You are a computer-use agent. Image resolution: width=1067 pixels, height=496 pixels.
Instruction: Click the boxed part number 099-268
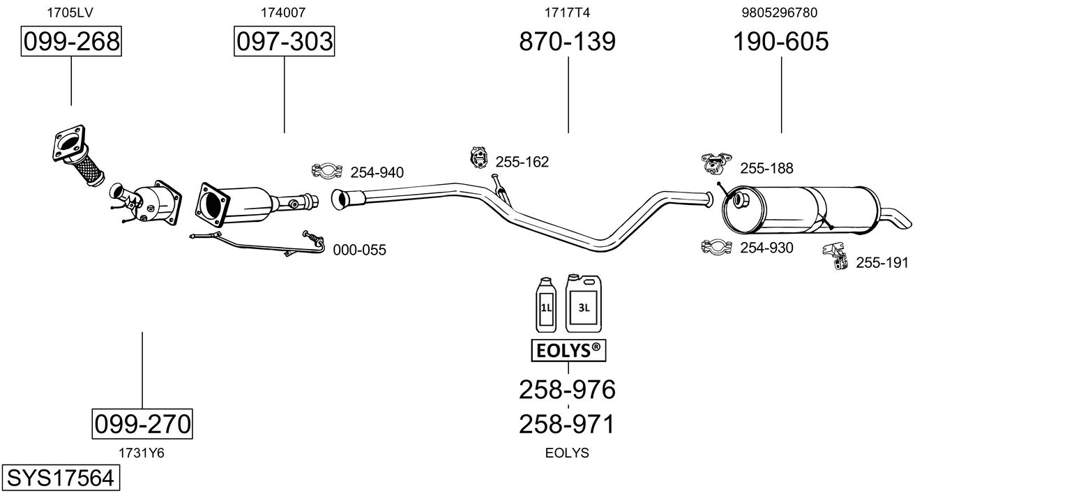click(71, 42)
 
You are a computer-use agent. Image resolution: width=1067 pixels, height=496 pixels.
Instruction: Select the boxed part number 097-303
click(284, 42)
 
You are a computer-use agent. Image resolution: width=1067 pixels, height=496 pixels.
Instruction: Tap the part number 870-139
click(567, 42)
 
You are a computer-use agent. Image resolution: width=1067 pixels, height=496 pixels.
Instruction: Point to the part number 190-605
click(780, 42)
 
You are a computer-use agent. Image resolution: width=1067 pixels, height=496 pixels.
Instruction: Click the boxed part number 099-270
click(142, 423)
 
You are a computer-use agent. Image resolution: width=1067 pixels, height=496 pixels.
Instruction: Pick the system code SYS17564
click(59, 479)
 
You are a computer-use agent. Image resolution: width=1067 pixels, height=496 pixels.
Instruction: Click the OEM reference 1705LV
click(71, 12)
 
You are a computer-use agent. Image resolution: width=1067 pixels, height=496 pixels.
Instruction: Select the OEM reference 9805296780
click(780, 12)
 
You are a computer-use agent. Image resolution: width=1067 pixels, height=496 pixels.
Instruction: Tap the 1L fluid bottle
click(547, 304)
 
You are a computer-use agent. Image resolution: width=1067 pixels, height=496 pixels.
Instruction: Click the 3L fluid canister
click(584, 303)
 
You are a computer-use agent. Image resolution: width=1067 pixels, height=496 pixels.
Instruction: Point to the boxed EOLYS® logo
click(568, 351)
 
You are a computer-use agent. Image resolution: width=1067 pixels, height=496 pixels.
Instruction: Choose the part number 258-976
click(567, 389)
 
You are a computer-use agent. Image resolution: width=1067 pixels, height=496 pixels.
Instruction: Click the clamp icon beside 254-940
click(326, 170)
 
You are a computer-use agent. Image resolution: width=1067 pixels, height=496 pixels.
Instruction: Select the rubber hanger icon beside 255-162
click(478, 158)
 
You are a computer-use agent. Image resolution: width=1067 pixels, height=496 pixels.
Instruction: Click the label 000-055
click(359, 250)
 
